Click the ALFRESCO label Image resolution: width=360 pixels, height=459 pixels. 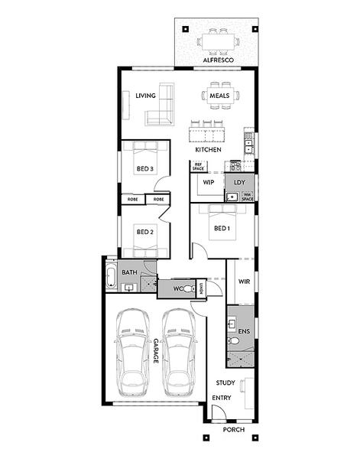pyautogui.click(x=218, y=60)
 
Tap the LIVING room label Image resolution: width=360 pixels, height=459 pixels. pyautogui.click(x=145, y=96)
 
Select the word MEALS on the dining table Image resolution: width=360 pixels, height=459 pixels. pyautogui.click(x=219, y=96)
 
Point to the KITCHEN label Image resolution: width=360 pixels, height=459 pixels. pyautogui.click(x=208, y=150)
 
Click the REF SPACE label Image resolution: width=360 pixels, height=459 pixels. pyautogui.click(x=198, y=167)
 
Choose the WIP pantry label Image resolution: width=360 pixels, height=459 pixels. pyautogui.click(x=209, y=182)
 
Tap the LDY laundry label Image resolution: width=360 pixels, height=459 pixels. pyautogui.click(x=239, y=182)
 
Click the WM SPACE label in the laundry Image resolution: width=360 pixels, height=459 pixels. pyautogui.click(x=248, y=197)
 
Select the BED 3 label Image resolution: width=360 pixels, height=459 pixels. pyautogui.click(x=145, y=169)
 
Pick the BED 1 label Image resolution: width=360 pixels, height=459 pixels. pyautogui.click(x=222, y=228)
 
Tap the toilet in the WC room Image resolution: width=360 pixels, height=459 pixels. pyautogui.click(x=189, y=289)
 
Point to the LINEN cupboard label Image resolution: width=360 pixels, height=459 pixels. pyautogui.click(x=201, y=288)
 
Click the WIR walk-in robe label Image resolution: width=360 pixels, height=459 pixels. pyautogui.click(x=244, y=282)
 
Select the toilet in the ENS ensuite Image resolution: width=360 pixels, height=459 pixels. pyautogui.click(x=233, y=340)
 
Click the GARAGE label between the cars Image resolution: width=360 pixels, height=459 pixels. pyautogui.click(x=156, y=351)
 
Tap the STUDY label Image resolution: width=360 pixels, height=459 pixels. pyautogui.click(x=225, y=383)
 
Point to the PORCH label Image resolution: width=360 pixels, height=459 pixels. pyautogui.click(x=234, y=430)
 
